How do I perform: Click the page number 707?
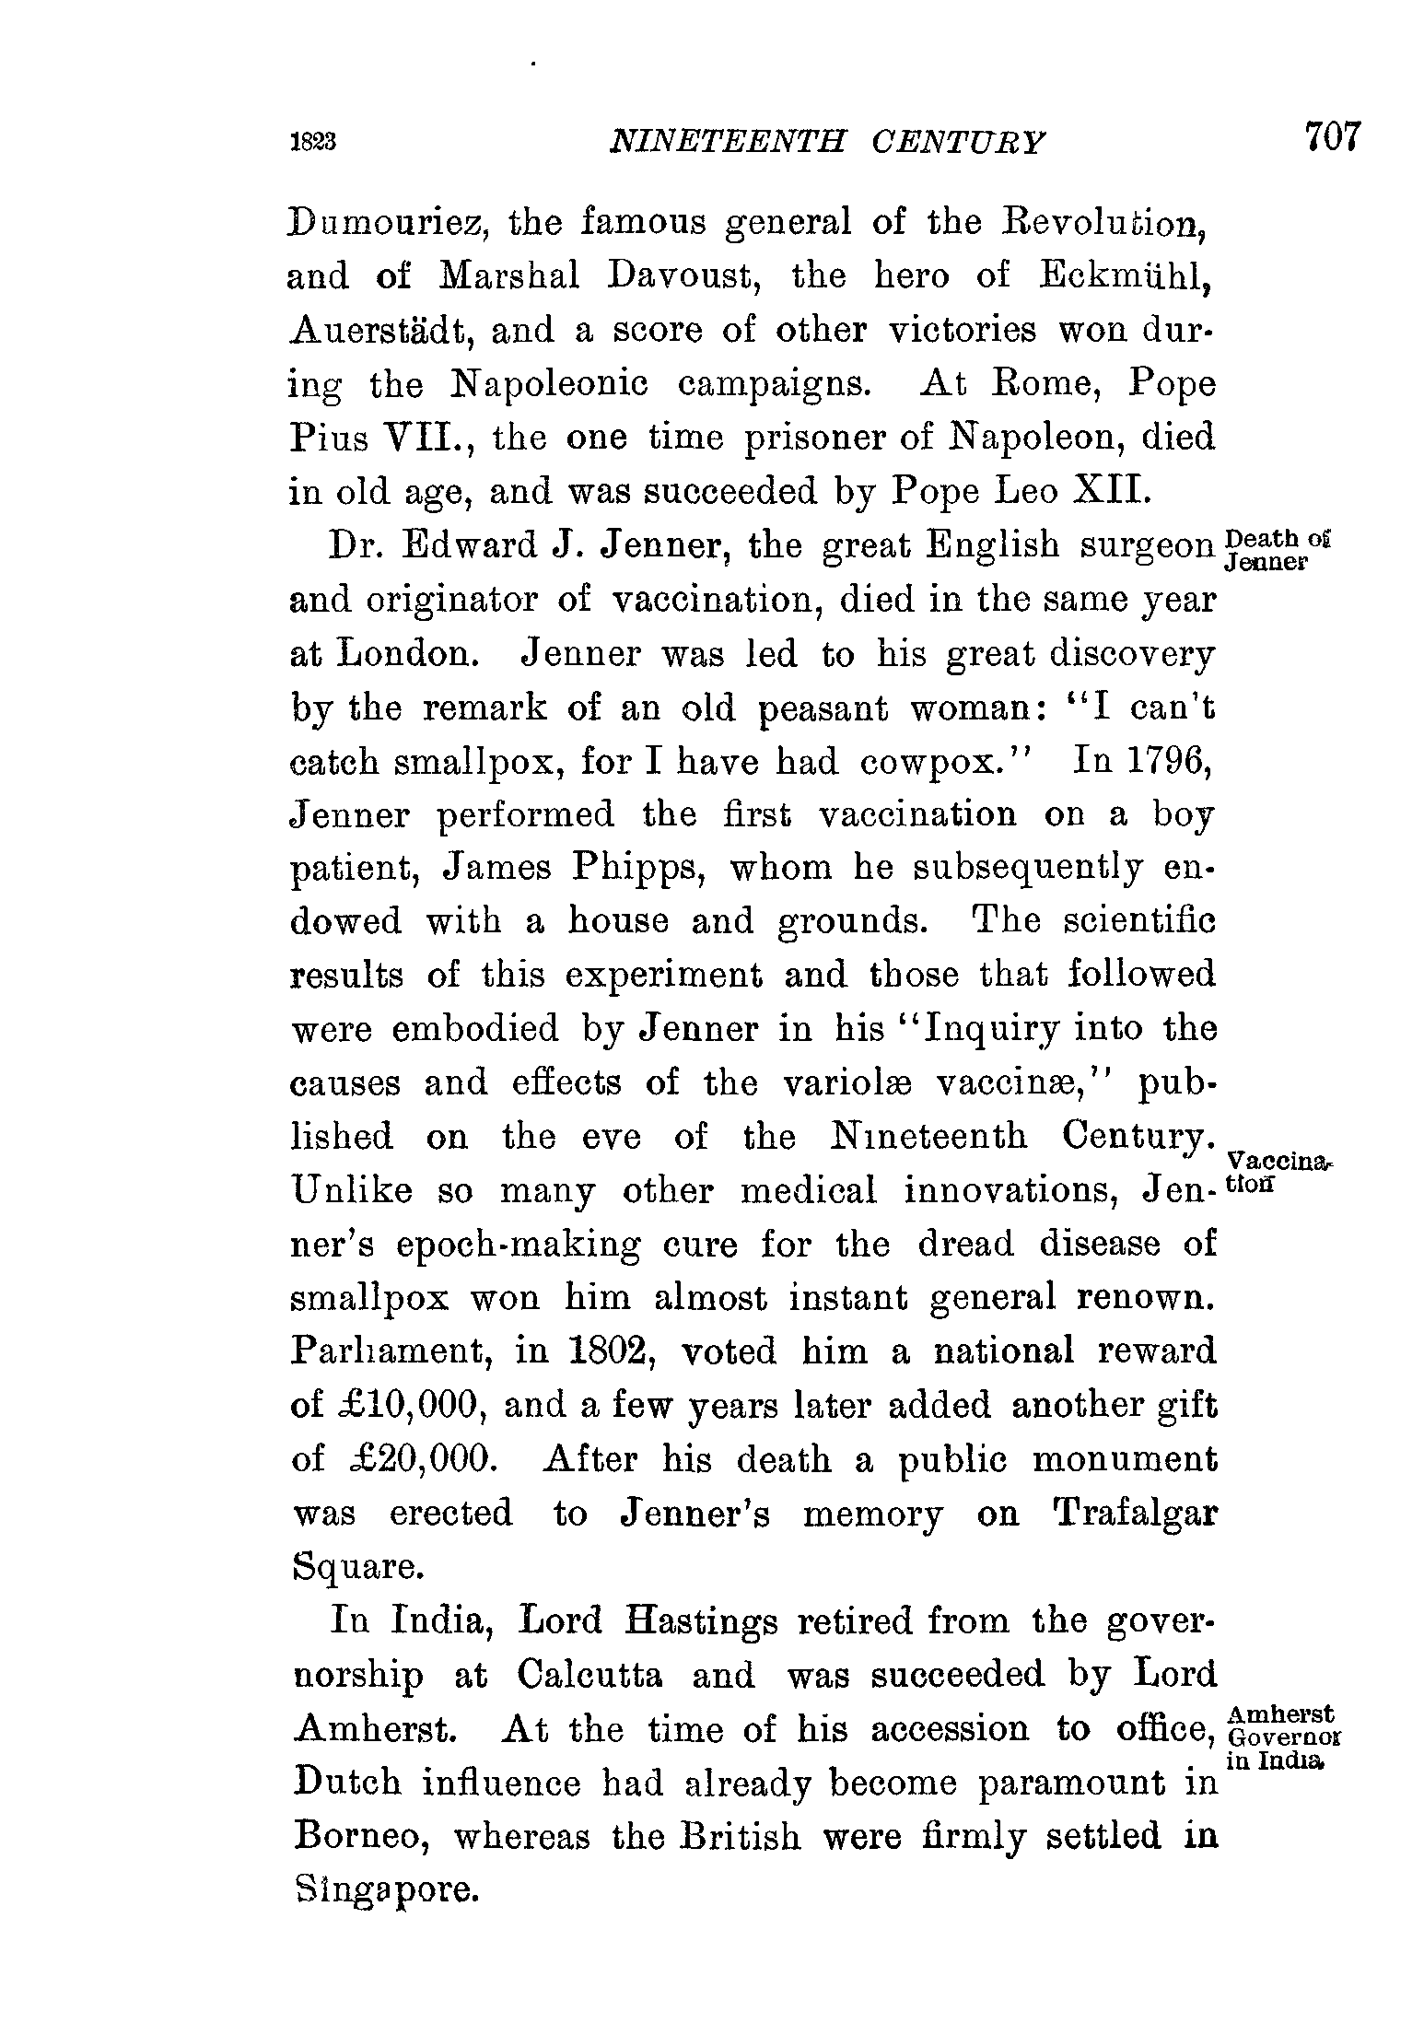click(1331, 137)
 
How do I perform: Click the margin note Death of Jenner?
click(1280, 549)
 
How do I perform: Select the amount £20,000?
click(401, 1460)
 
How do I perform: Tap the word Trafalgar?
click(1135, 1514)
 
